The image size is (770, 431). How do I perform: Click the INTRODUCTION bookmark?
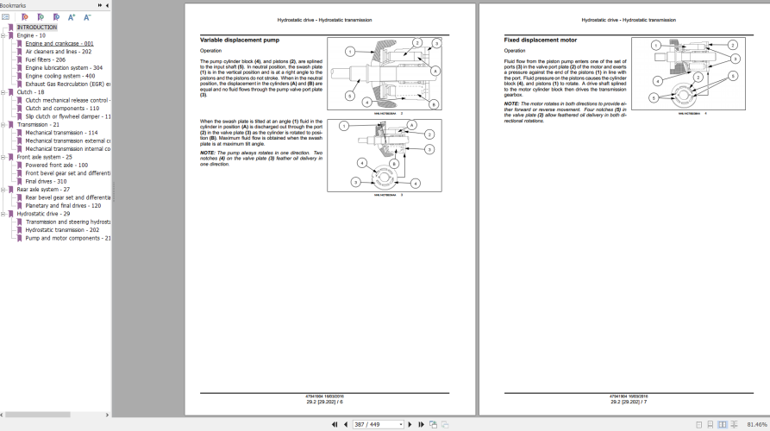(37, 27)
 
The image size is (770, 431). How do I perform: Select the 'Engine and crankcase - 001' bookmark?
(59, 43)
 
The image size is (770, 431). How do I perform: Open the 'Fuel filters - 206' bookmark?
(45, 59)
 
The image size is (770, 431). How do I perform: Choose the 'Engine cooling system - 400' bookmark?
(60, 76)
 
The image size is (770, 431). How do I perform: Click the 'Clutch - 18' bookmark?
(30, 91)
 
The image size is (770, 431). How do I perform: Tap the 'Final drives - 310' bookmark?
(46, 181)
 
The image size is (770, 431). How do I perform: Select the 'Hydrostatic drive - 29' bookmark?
(43, 214)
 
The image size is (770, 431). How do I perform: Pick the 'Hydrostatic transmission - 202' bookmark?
(62, 230)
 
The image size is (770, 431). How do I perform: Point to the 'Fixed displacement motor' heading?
(541, 40)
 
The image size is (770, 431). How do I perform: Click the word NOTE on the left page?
(208, 152)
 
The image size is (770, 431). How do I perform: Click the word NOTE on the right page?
(511, 103)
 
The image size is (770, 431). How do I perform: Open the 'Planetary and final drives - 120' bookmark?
(63, 205)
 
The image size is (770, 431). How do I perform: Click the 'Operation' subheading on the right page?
(515, 50)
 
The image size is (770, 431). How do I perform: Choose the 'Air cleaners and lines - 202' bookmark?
(59, 51)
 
